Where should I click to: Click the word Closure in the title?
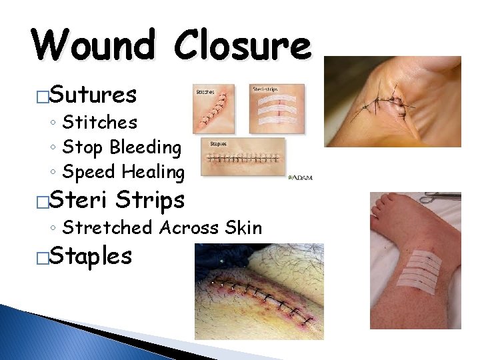coord(243,45)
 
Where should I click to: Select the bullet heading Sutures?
coord(93,95)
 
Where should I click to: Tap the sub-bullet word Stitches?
coord(99,123)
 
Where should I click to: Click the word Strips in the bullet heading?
coord(149,200)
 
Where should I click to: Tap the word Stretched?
coord(107,228)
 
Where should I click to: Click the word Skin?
coord(244,228)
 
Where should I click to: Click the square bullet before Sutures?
coord(43,97)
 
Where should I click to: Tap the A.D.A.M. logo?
coord(300,177)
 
